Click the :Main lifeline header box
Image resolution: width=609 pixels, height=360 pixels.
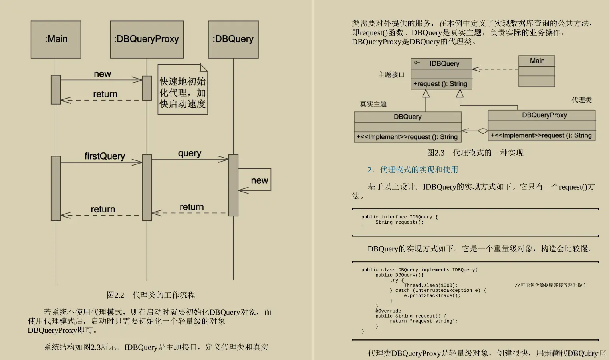[x=56, y=40]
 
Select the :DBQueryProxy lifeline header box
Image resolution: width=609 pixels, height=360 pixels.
[x=147, y=40]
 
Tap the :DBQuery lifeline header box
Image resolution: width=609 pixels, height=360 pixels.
[x=233, y=40]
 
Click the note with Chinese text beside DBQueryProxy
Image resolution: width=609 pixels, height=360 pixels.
[x=183, y=90]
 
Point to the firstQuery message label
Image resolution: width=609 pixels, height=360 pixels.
[x=105, y=156]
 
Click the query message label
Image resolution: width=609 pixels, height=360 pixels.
[x=189, y=153]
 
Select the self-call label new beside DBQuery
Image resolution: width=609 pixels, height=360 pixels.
[x=259, y=180]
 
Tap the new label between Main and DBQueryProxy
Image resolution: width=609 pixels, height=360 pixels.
[x=102, y=74]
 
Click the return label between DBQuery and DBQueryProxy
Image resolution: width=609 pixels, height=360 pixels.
[x=191, y=207]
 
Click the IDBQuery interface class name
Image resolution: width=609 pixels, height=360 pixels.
[x=444, y=63]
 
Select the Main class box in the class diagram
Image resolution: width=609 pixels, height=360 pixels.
[x=536, y=71]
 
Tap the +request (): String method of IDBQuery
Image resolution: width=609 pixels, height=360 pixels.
[x=440, y=84]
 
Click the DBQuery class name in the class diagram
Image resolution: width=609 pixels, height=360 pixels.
[x=407, y=117]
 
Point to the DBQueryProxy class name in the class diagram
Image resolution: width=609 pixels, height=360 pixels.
[x=544, y=115]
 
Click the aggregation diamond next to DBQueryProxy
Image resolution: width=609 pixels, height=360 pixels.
[x=483, y=131]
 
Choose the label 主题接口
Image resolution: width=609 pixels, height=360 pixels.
[x=391, y=75]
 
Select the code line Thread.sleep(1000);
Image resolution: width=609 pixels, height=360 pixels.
[x=430, y=285]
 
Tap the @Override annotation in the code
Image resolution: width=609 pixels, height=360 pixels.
[x=388, y=311]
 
